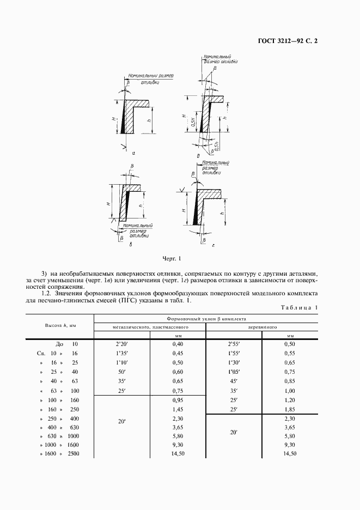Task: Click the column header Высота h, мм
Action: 60,325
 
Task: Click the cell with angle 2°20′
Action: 121,344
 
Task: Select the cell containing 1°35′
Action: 121,354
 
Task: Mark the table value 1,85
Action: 289,409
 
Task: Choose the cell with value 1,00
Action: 289,390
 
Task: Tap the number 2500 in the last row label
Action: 73,454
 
